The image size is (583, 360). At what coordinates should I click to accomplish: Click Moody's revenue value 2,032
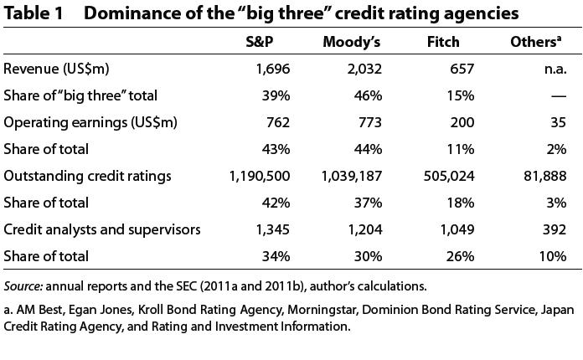(365, 69)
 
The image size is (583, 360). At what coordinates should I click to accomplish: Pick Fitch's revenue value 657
(462, 69)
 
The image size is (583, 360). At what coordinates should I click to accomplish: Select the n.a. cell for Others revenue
(555, 69)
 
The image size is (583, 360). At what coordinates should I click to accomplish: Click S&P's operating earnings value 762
(277, 122)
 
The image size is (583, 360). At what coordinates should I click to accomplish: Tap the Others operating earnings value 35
(559, 122)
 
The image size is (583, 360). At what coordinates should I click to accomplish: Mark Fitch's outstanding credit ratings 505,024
(451, 176)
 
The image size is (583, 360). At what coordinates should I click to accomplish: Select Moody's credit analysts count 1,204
(365, 229)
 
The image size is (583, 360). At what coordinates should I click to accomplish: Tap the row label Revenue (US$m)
(57, 69)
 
